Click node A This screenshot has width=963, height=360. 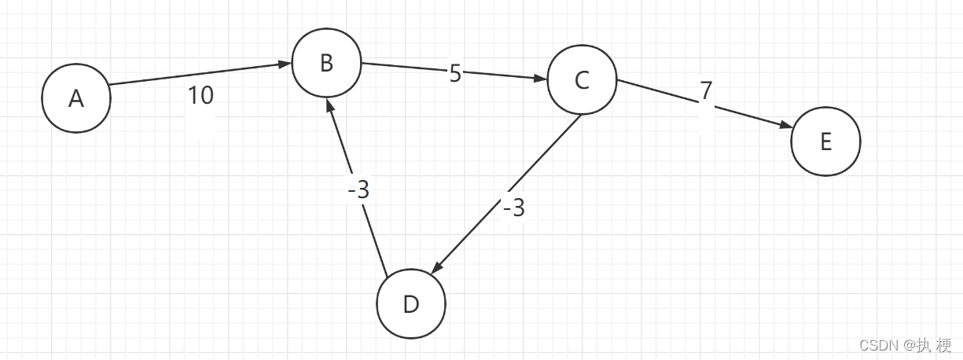76,98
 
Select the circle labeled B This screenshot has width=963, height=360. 326,64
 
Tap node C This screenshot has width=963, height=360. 582,80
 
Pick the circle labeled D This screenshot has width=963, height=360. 411,304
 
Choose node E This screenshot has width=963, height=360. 825,141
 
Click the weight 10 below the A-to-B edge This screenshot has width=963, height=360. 200,96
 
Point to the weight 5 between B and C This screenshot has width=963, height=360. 455,74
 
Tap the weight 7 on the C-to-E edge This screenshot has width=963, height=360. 706,91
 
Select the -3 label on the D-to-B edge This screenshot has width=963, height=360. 358,190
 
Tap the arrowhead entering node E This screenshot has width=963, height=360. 784,126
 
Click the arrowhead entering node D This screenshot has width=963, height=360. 437,267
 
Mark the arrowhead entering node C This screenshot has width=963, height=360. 540,79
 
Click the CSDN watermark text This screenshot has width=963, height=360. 905,345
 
